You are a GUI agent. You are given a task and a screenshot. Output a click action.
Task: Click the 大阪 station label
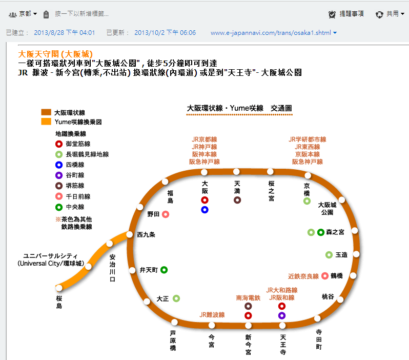point(205,186)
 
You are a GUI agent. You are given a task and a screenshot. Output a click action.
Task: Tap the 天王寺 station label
point(282,345)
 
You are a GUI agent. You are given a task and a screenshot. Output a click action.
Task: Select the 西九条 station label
point(146,234)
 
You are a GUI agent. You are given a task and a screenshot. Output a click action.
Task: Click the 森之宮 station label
point(335,232)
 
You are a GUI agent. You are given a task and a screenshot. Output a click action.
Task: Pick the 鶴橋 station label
point(336,276)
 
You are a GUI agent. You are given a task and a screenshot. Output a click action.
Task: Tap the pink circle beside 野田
point(166,214)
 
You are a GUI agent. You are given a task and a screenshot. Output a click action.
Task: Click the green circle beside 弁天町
point(164,269)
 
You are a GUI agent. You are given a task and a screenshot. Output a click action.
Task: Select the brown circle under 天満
point(237,200)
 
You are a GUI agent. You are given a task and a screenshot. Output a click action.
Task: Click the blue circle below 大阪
point(205,210)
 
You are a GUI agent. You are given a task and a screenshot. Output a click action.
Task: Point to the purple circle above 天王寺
point(282,315)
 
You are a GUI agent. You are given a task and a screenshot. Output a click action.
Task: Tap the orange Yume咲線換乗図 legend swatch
point(46,122)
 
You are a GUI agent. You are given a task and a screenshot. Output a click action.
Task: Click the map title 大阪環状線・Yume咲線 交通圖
point(239,108)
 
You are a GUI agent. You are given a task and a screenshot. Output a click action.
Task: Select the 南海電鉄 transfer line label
point(248,297)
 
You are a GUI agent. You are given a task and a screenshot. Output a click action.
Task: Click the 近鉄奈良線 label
point(303,276)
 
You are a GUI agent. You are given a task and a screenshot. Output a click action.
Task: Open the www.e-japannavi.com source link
point(270,33)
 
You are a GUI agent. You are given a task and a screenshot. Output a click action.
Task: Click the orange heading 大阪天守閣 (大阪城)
point(55,54)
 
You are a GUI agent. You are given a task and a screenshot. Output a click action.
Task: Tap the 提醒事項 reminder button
point(346,14)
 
